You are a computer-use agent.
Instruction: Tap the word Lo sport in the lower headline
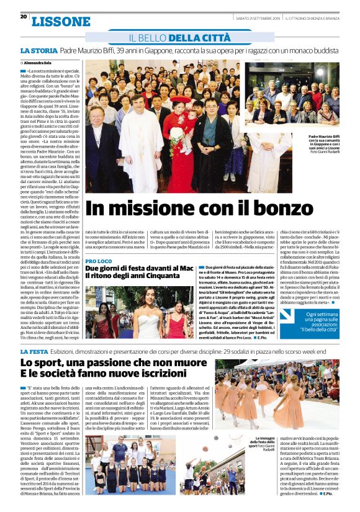click(x=44, y=363)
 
